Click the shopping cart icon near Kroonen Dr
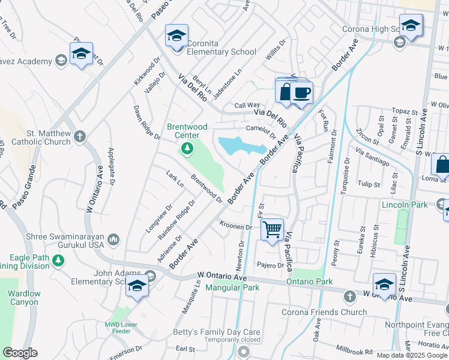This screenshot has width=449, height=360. coord(273,229)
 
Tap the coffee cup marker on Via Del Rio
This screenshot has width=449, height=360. coord(302,93)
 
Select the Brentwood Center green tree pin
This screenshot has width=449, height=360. coord(187,147)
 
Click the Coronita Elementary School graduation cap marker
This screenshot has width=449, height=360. coord(177,36)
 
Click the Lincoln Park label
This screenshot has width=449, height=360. coord(405,205)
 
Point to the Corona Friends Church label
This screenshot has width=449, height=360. coord(324,312)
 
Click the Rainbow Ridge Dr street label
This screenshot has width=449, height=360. coord(177,221)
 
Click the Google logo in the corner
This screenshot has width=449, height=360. coord(20,353)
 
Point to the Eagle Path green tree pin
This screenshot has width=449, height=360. coord(58,260)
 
